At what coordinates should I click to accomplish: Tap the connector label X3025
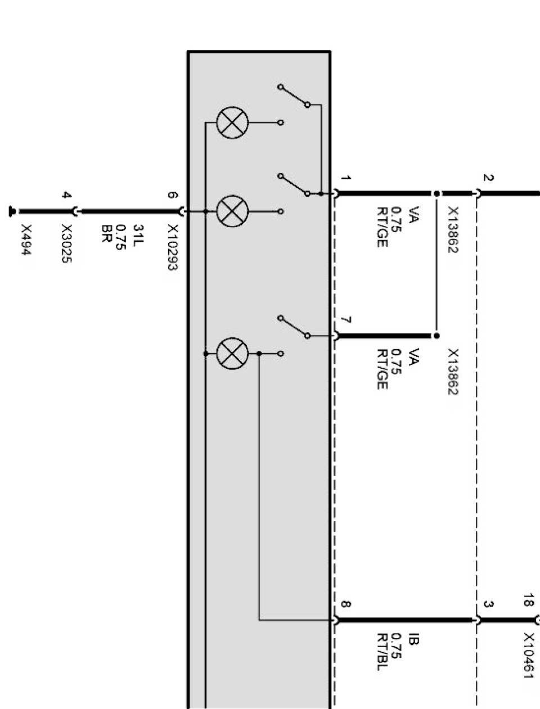coord(67,244)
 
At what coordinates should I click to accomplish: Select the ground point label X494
coord(26,240)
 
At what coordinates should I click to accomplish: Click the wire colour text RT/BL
coord(384,652)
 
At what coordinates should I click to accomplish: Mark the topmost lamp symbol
coord(232,123)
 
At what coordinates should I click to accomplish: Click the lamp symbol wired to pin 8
coord(232,354)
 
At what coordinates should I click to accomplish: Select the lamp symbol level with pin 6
coord(232,211)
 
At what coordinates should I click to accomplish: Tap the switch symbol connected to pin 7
coord(294,327)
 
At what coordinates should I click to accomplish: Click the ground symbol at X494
coord(11,211)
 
